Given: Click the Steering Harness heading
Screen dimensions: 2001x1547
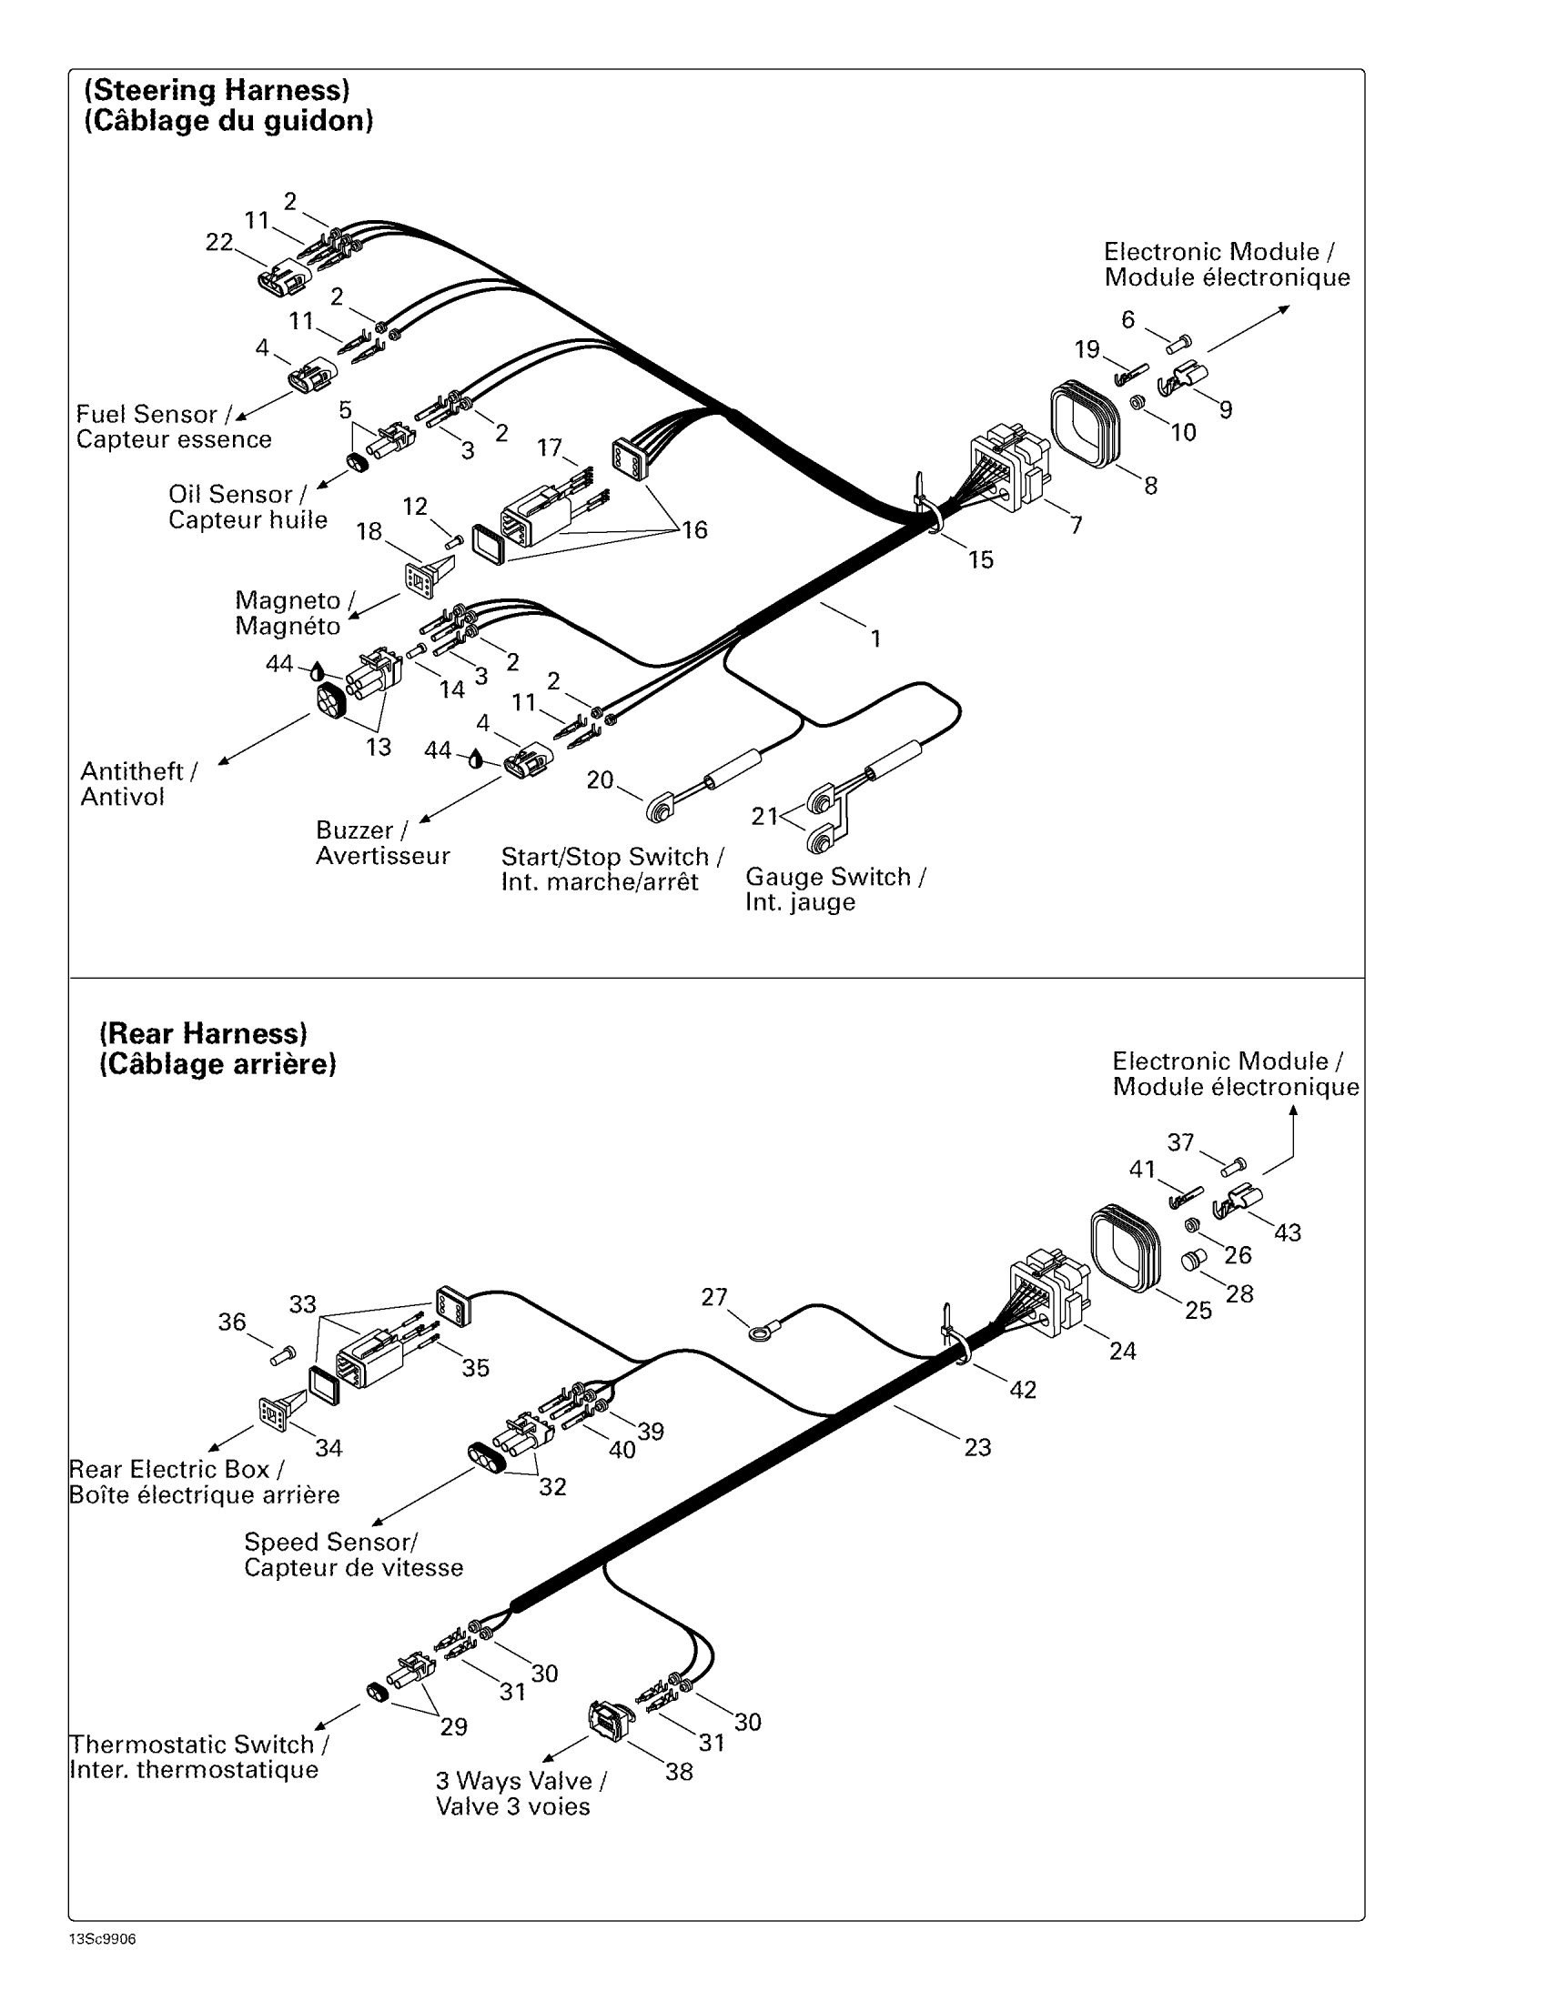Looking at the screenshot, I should pyautogui.click(x=217, y=91).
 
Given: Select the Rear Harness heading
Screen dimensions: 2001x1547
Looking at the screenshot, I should pyautogui.click(x=203, y=1033).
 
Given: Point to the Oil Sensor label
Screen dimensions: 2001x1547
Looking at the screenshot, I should pyautogui.click(x=237, y=495).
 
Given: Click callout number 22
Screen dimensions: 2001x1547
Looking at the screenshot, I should pyautogui.click(x=219, y=243).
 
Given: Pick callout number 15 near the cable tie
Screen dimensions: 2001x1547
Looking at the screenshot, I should pyautogui.click(x=981, y=559).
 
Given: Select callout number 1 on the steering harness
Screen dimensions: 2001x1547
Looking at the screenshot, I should pyautogui.click(x=875, y=639).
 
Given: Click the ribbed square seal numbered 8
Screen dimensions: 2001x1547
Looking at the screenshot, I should pyautogui.click(x=1084, y=425).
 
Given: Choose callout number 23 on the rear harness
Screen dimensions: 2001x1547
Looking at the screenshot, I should pyautogui.click(x=977, y=1448).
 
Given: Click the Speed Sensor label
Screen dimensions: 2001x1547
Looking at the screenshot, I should pyautogui.click(x=330, y=1542).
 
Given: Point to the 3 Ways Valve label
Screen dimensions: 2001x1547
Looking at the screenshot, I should pyautogui.click(x=520, y=1781).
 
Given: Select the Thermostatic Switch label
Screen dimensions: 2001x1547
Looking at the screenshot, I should pyautogui.click(x=199, y=1745).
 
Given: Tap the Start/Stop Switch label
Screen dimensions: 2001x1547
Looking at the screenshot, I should pyautogui.click(x=612, y=857).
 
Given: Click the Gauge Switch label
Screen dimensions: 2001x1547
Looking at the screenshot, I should pyautogui.click(x=834, y=877).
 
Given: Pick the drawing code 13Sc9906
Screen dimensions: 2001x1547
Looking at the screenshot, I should pyautogui.click(x=102, y=1940).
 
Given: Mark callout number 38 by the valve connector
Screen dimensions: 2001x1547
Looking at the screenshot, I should pyautogui.click(x=679, y=1772).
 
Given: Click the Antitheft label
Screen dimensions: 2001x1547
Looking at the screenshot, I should pyautogui.click(x=138, y=771).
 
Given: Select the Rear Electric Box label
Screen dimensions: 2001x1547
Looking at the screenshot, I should pyautogui.click(x=176, y=1470).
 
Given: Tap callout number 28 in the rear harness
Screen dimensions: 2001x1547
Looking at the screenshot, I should pyautogui.click(x=1239, y=1293).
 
